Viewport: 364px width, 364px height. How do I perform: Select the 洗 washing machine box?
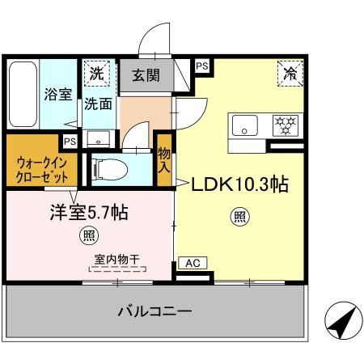click(98, 72)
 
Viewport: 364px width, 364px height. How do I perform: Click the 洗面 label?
click(98, 104)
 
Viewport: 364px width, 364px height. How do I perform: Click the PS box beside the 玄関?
click(201, 65)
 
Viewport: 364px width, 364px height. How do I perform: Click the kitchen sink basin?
click(245, 125)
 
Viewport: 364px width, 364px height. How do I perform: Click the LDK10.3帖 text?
click(239, 184)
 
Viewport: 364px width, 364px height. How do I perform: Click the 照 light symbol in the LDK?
click(239, 215)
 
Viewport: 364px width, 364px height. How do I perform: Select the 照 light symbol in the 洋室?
click(87, 235)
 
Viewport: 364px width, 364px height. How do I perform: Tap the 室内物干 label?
click(116, 260)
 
